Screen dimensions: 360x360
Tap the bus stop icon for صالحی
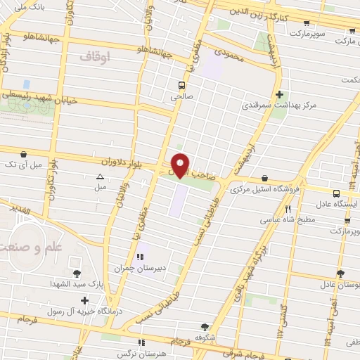point(181,86)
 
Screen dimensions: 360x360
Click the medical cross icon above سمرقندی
point(280,94)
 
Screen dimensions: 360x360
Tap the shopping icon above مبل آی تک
point(25,153)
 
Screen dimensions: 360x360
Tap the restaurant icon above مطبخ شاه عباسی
point(287,209)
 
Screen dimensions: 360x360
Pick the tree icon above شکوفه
point(205,327)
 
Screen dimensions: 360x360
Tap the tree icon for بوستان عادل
point(341,273)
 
